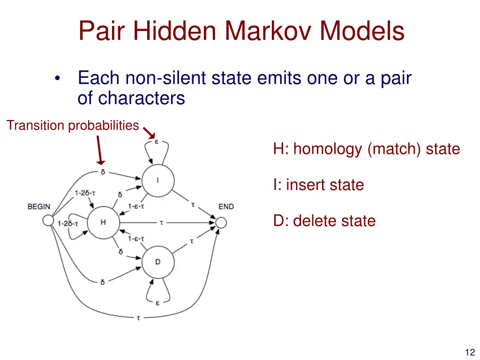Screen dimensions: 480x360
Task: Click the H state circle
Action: [x=103, y=222]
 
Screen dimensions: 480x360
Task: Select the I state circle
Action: [x=158, y=180]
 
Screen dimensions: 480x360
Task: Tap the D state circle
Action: [x=158, y=262]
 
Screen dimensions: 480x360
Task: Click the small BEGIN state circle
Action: [x=47, y=220]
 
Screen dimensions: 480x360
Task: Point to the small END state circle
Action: [x=221, y=222]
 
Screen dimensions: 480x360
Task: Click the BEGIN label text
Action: [x=39, y=207]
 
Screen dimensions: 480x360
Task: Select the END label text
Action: [x=226, y=207]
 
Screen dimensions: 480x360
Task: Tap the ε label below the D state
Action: [x=157, y=302]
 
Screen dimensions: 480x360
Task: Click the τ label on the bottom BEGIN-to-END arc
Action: [x=138, y=318]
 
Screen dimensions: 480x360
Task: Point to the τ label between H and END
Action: [x=161, y=223]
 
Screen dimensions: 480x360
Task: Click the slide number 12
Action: [x=470, y=352]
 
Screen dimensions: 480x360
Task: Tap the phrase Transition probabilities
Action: [x=73, y=126]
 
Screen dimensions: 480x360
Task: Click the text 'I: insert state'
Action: [x=319, y=185]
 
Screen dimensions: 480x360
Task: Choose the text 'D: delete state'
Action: [x=324, y=221]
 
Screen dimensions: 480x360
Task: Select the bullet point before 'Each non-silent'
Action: [x=57, y=78]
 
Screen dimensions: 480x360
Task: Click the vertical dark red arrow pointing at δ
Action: [x=100, y=150]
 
